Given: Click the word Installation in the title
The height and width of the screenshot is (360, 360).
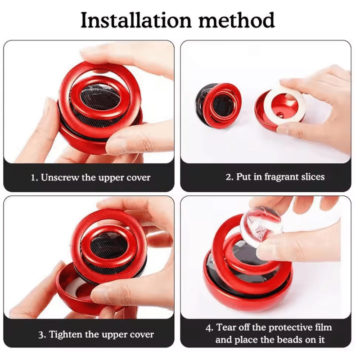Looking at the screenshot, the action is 136,20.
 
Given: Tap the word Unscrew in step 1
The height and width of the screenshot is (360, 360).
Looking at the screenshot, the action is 60,177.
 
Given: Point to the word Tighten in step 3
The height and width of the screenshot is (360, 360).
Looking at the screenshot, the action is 66,334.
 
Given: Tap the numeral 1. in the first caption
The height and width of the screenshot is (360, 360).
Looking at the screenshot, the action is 35,178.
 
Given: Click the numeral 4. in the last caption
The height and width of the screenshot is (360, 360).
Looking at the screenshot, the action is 210,328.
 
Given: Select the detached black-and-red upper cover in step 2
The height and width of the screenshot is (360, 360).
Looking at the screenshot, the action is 218,105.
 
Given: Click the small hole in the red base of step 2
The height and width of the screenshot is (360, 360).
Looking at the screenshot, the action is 279,114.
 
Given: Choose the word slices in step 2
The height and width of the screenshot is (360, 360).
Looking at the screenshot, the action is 313,177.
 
